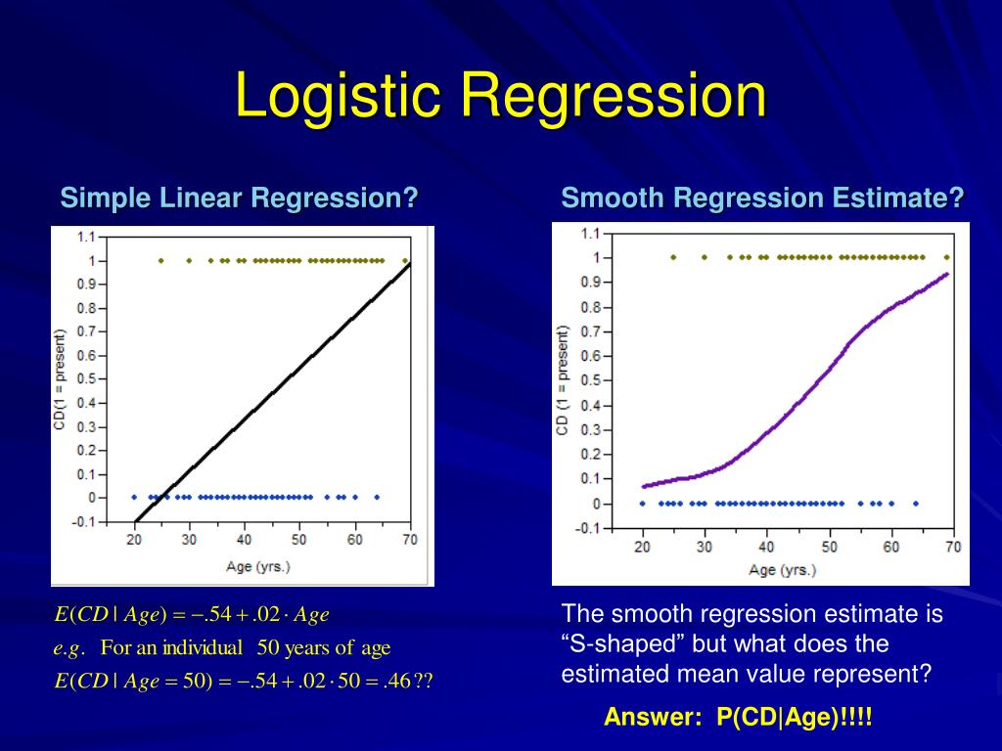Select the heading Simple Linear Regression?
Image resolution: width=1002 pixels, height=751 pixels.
[240, 199]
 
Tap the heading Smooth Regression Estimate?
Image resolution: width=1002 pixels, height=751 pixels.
[762, 199]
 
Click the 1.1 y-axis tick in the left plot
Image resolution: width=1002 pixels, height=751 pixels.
[86, 237]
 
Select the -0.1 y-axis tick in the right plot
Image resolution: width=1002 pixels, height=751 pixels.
[588, 529]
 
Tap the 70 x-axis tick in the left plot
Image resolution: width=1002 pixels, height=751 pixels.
[409, 539]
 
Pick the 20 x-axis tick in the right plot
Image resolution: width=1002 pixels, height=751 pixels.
[642, 547]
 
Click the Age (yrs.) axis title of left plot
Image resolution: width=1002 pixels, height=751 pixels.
[258, 565]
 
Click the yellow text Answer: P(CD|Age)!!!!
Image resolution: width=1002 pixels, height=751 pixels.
[737, 717]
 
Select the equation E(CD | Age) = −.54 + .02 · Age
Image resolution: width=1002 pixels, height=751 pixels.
[192, 615]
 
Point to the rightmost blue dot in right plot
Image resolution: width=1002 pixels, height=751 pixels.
[915, 504]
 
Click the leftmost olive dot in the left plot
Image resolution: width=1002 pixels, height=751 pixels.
[161, 261]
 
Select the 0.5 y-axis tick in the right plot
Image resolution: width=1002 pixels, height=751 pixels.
[588, 381]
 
